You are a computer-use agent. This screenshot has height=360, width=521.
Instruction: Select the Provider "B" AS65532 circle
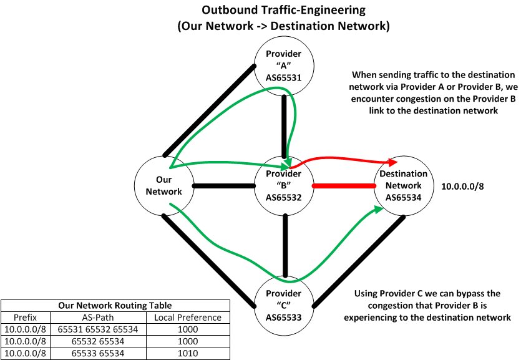tap(285, 185)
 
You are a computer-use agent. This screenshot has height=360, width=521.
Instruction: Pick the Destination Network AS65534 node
tap(403, 185)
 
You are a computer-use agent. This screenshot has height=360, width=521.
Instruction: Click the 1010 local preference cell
tap(188, 353)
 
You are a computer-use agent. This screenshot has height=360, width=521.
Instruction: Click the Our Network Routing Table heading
tap(115, 306)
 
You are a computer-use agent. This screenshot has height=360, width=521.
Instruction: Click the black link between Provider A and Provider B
tap(285, 125)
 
